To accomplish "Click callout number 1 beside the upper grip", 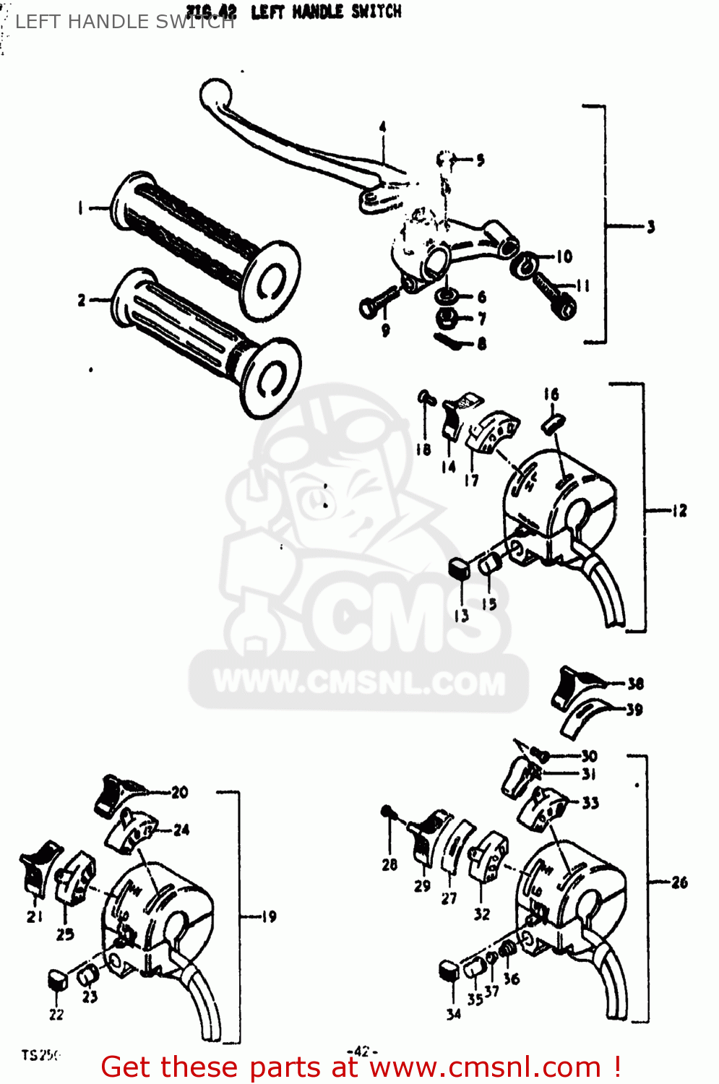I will pos(80,208).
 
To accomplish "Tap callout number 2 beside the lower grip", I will pos(82,300).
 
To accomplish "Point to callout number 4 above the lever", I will pos(383,128).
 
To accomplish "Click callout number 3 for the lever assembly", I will pos(650,227).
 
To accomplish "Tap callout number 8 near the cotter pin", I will pos(482,344).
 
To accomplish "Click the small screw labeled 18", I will pos(425,397).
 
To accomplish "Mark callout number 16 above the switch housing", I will pos(551,395).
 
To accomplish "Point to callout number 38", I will pos(635,684).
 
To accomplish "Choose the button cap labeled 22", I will pos(58,980).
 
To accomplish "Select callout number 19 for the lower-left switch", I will pos(269,917).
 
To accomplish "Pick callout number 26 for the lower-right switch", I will pos(679,882).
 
